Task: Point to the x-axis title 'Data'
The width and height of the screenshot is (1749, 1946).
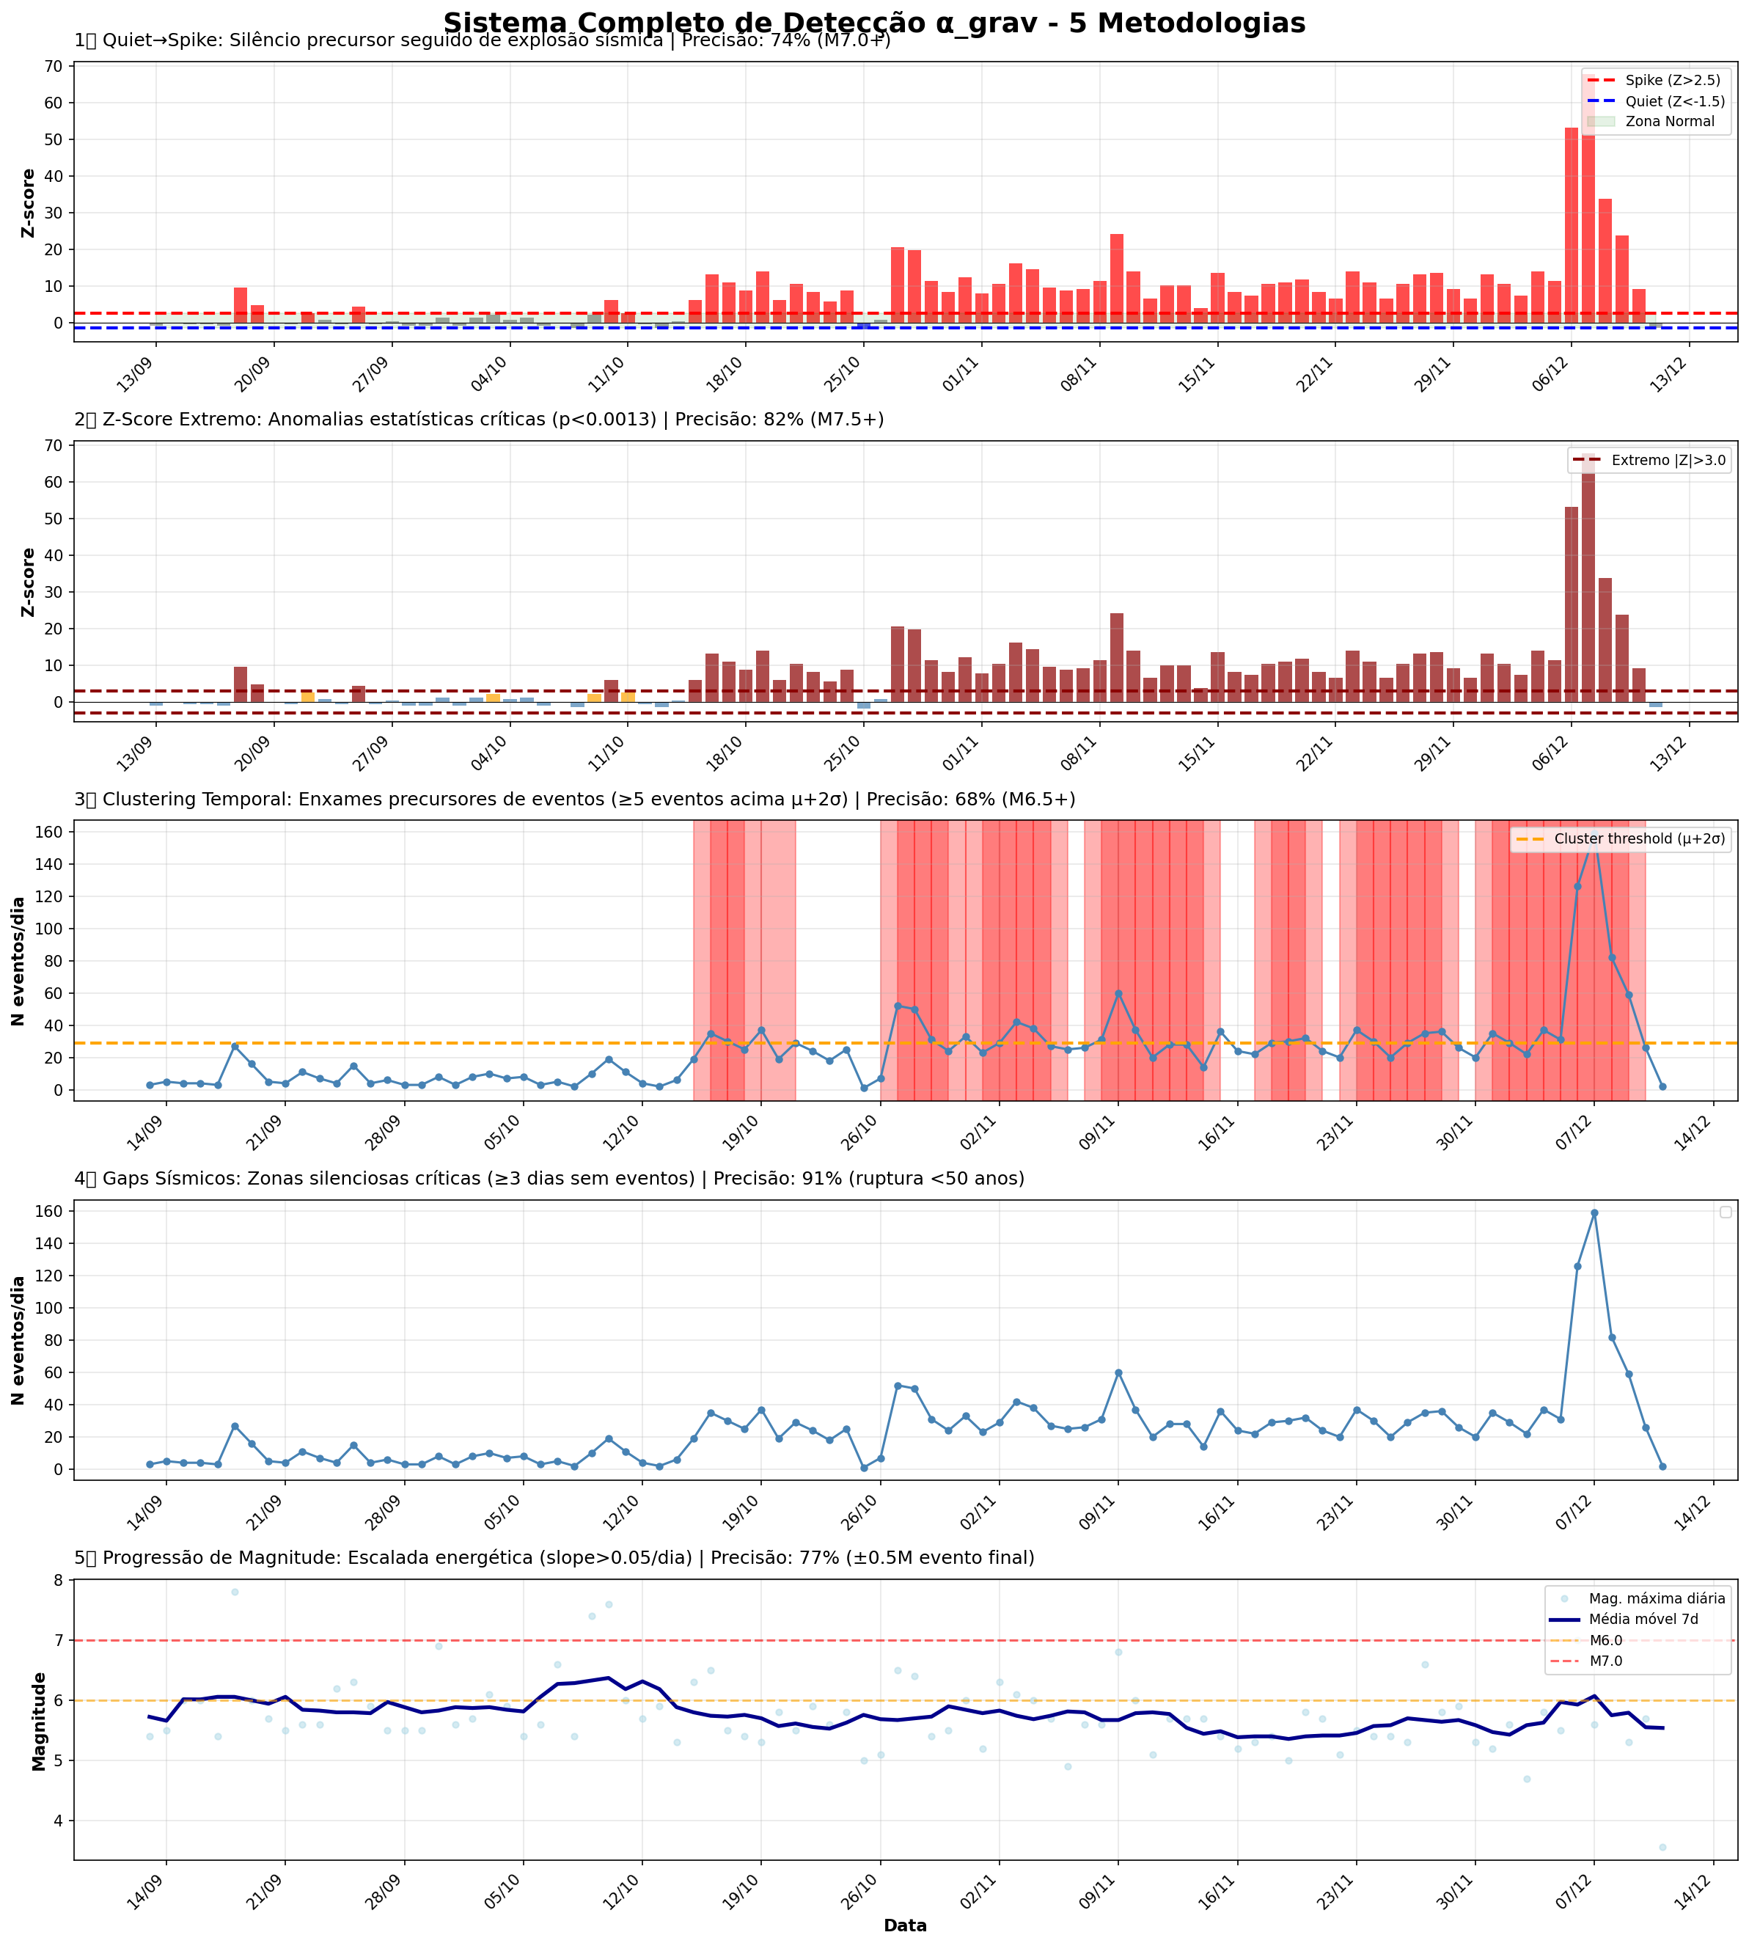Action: tap(905, 1925)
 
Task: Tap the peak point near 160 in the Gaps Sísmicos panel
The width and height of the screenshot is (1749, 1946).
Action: tap(1594, 1212)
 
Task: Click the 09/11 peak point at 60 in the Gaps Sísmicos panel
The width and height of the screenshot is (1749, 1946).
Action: tap(1118, 1372)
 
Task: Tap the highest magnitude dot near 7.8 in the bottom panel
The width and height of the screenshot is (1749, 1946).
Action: tap(235, 1592)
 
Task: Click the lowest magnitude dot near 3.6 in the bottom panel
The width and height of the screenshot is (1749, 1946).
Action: tap(1662, 1847)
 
